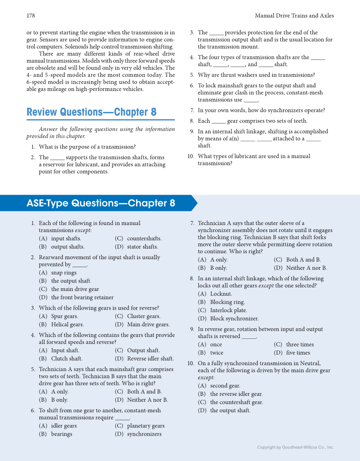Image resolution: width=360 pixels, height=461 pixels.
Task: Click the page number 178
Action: pos(31,16)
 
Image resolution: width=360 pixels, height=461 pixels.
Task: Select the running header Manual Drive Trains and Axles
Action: pos(294,16)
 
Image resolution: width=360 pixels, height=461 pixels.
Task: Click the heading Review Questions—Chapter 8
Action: pos(92,112)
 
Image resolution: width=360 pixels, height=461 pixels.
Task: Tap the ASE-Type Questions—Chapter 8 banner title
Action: pos(101,204)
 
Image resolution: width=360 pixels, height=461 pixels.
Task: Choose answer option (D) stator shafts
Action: pos(137,247)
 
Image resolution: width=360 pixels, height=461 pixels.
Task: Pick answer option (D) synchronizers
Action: pos(138,434)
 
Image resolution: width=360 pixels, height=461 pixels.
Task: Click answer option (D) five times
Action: pos(292,353)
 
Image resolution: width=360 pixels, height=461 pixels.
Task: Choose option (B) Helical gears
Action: pos(61,324)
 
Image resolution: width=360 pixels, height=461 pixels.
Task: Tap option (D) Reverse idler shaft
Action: pos(145,359)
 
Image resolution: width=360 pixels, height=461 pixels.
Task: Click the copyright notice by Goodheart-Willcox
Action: pos(296,447)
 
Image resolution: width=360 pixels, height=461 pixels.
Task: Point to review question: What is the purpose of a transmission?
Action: pos(87,147)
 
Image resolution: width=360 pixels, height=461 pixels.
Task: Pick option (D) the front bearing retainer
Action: pos(76,297)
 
